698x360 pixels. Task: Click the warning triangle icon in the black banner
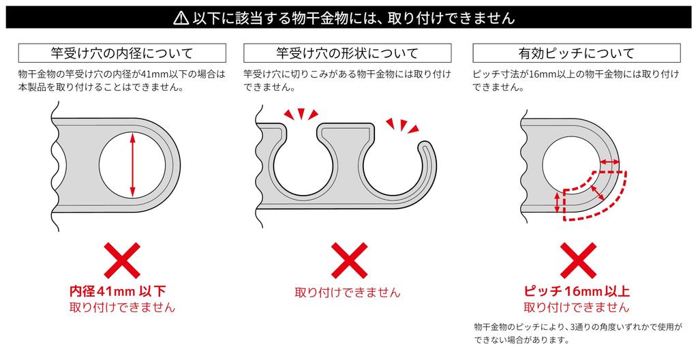pos(181,18)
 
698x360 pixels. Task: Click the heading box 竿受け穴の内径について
pos(122,53)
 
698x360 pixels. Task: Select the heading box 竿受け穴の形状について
pos(347,53)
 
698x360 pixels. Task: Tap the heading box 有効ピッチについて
pos(577,53)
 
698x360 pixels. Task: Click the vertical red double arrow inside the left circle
pos(132,165)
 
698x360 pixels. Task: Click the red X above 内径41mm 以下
pos(122,260)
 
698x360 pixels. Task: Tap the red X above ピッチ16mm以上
pos(578,260)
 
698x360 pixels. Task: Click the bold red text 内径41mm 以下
pos(118,291)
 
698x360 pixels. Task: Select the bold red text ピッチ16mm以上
pos(577,291)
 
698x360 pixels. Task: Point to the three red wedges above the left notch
pos(301,115)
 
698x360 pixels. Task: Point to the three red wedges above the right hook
pos(403,125)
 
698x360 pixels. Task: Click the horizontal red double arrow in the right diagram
pos(609,162)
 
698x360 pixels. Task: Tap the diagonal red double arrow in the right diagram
pos(597,192)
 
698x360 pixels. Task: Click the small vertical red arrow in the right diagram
pos(556,202)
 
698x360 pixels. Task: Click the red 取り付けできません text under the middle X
pos(348,292)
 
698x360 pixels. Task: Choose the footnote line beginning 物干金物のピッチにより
pos(578,327)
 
